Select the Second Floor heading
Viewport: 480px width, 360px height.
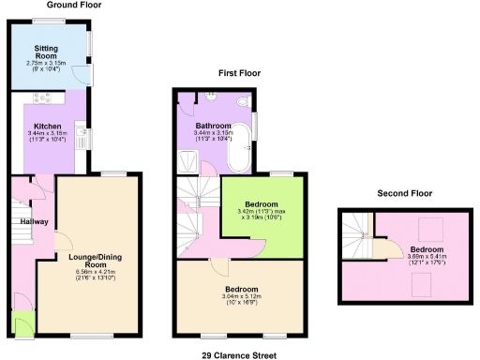pos(405,193)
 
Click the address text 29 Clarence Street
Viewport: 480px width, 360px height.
pos(239,355)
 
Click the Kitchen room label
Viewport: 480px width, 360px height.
pos(48,126)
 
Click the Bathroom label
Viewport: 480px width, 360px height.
pos(214,125)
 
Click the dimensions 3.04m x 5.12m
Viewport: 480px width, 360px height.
pos(241,297)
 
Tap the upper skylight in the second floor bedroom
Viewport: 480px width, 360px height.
pos(433,224)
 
